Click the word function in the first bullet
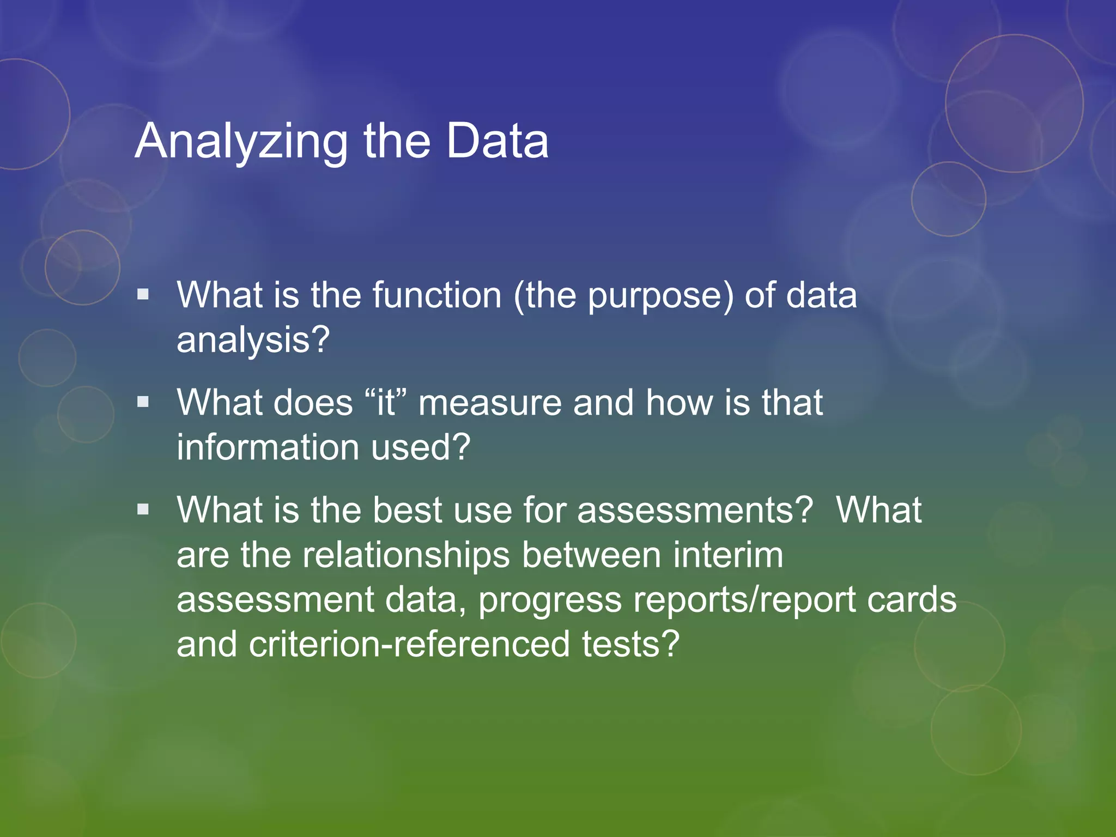point(437,295)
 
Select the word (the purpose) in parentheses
point(623,296)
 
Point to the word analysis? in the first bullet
point(253,340)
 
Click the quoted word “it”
point(386,403)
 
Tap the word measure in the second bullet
point(490,403)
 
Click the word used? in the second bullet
point(421,447)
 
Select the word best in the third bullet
point(407,511)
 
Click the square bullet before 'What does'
point(143,402)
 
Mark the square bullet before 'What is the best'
point(143,510)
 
